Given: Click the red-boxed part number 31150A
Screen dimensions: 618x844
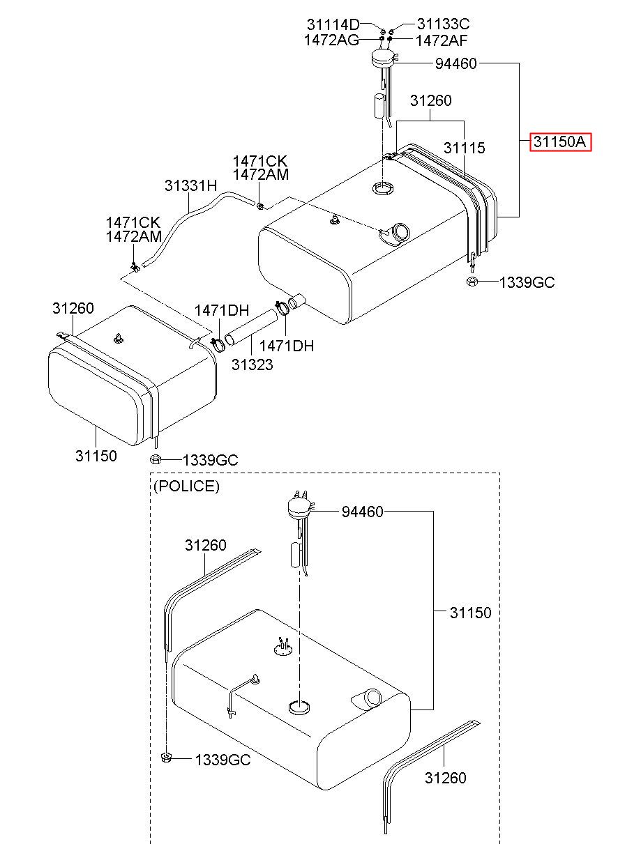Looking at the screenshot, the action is tap(560, 142).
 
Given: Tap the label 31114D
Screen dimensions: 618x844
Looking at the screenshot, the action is tap(333, 24).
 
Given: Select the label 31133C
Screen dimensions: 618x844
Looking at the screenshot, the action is tap(444, 24).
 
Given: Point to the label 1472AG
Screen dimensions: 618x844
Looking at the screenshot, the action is tap(332, 40).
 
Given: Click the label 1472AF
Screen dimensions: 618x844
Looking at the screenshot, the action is tap(442, 40).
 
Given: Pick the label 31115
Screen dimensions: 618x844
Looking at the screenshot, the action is tap(464, 148).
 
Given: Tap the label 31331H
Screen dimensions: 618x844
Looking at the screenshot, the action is tap(191, 185).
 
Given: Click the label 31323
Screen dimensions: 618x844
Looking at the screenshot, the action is tap(253, 365).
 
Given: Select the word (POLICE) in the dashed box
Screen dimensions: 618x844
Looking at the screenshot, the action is tap(186, 486).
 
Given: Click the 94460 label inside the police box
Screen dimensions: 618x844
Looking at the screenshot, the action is tap(362, 512).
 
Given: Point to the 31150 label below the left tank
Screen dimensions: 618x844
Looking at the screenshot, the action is tap(96, 456).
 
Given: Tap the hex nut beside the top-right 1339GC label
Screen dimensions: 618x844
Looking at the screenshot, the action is tap(472, 282).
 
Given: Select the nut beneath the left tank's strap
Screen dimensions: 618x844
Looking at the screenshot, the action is tap(156, 459).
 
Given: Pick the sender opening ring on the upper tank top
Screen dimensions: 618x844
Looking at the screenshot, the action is tap(383, 187).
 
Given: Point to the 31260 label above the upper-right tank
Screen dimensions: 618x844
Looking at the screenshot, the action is tap(430, 100).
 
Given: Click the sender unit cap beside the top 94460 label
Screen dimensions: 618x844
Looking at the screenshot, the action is tap(384, 59).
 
